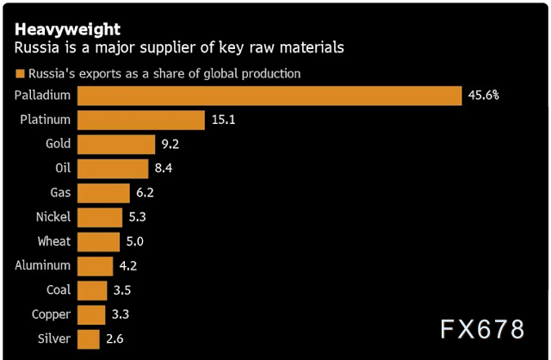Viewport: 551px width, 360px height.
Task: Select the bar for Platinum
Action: click(141, 120)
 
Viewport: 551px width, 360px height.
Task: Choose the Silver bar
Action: click(88, 338)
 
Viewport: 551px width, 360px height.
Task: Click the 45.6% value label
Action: click(484, 95)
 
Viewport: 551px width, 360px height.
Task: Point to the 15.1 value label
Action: click(223, 120)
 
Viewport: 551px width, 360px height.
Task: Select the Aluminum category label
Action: click(43, 265)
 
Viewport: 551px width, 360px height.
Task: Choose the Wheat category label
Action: click(54, 241)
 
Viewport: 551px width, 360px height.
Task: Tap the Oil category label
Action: click(62, 168)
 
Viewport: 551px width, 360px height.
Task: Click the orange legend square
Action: click(20, 73)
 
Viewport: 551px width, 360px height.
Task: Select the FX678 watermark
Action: click(482, 330)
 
